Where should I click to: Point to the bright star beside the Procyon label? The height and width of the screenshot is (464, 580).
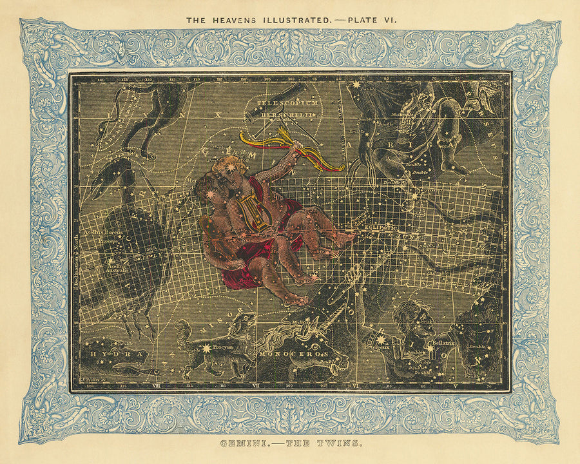click(207, 349)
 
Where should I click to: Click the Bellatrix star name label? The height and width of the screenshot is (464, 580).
click(443, 343)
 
